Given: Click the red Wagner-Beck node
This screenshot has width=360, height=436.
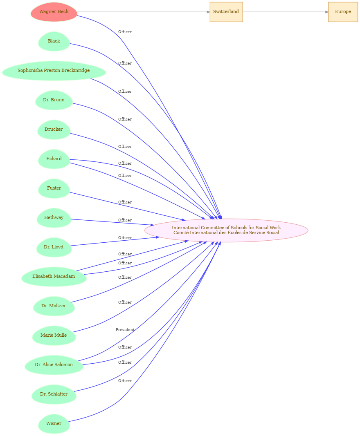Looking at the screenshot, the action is [x=54, y=12].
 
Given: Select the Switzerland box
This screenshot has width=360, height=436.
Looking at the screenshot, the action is [x=226, y=12].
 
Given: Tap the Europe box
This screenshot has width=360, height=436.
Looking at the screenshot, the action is [x=343, y=12].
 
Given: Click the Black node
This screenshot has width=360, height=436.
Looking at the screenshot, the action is [x=54, y=41].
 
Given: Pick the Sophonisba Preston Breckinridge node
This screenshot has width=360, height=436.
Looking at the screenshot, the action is [x=54, y=71].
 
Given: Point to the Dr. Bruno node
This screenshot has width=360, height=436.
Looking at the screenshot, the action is [x=54, y=100].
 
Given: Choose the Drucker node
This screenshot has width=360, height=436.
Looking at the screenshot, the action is [x=54, y=130].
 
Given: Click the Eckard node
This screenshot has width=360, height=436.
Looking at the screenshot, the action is [x=54, y=159].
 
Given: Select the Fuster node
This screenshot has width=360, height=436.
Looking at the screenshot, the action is [x=54, y=188].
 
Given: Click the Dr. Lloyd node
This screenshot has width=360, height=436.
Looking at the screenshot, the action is [x=54, y=247].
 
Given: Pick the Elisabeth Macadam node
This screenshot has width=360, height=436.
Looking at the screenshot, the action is [x=54, y=277].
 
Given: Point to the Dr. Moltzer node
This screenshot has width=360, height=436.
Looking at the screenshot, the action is [x=54, y=306].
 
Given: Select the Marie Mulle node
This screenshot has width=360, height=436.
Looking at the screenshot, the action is [x=54, y=335].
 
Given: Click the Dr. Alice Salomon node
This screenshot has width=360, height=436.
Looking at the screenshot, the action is [x=54, y=365].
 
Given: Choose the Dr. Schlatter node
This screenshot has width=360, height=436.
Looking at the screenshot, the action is [x=54, y=394].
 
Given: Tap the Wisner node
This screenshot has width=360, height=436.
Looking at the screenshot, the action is [x=54, y=424].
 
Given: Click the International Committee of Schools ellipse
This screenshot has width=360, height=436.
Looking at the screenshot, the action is [x=226, y=230].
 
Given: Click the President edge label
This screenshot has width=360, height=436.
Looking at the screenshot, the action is [x=125, y=330].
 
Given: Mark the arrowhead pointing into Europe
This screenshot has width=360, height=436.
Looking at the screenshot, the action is [x=326, y=12].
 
